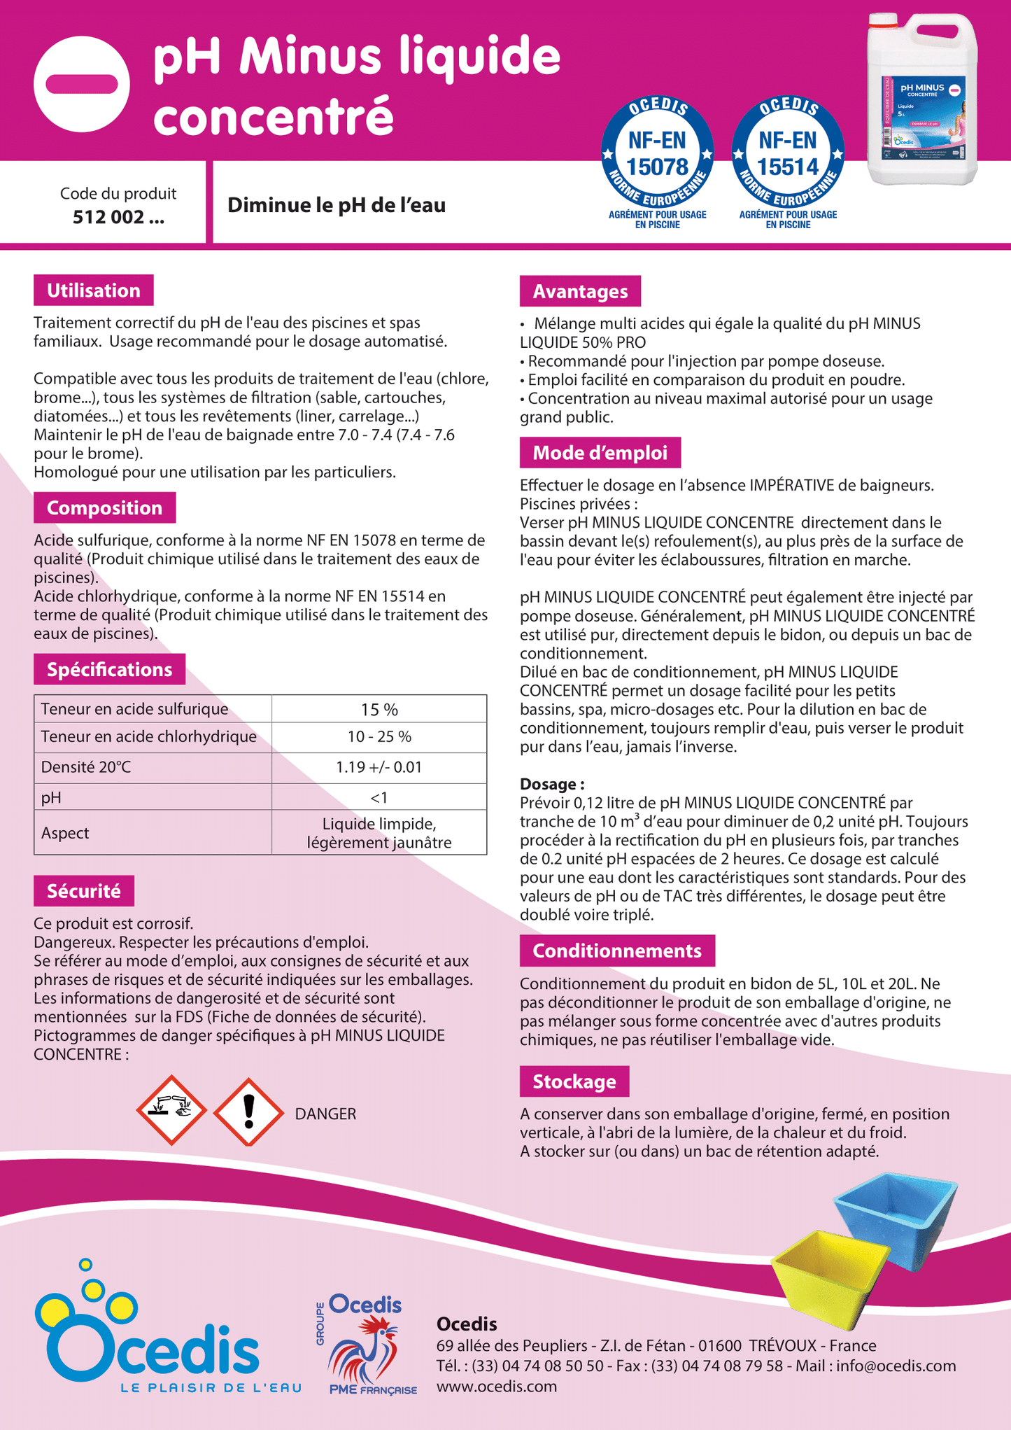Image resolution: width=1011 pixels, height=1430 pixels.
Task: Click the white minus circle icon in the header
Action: pos(82,84)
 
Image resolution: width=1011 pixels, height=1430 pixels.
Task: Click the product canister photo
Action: pos(922,99)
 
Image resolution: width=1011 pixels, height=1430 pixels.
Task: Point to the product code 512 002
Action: pos(118,217)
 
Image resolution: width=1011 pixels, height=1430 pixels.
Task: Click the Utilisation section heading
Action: pos(94,290)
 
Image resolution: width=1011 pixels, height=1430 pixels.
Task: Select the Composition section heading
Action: pos(104,508)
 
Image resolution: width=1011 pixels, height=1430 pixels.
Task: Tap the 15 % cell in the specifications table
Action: pos(379,709)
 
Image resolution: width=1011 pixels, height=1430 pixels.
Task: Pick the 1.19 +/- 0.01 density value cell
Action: pos(379,767)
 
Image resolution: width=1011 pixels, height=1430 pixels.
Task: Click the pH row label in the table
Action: pos(51,797)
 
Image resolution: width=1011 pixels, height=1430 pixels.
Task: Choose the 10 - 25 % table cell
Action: pos(379,736)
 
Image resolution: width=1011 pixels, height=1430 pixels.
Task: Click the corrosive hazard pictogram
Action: pos(171,1110)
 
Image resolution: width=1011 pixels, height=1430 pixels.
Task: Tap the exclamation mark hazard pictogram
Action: pos(248,1112)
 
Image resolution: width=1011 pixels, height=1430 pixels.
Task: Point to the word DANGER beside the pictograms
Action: pos(325,1114)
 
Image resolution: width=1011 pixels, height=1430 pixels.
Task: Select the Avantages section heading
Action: pos(580,291)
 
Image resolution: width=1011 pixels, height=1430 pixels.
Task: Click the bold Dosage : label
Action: pos(552,784)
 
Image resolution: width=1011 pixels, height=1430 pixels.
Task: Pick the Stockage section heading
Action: pos(574,1081)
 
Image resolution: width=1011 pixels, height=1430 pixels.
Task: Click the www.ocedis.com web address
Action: pos(497,1387)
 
